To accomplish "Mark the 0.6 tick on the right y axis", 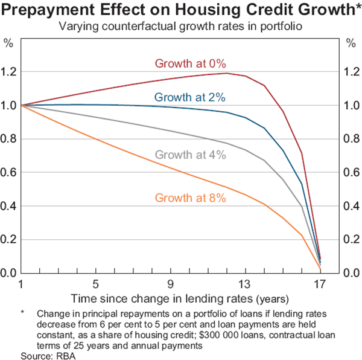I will point(351,173).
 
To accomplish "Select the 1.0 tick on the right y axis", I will point(351,106).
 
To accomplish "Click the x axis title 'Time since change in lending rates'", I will point(171,298).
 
